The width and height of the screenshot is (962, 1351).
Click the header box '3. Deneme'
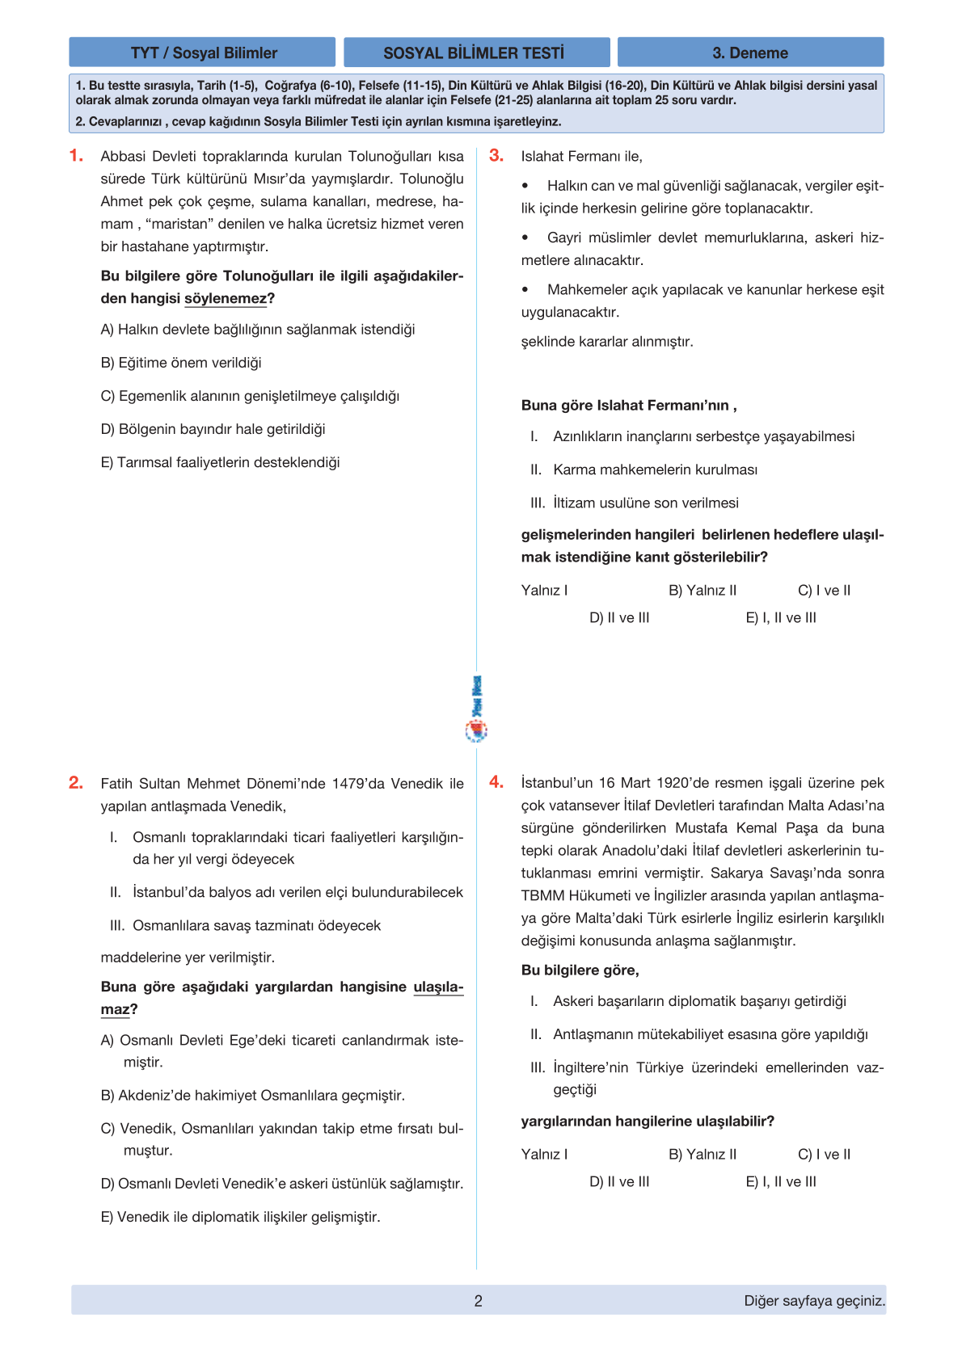click(x=750, y=53)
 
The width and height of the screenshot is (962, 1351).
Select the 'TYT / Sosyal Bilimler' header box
click(x=203, y=53)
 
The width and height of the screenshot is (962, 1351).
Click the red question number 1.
click(x=76, y=156)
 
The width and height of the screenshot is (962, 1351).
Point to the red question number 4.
click(x=496, y=782)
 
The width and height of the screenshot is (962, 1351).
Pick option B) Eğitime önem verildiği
click(x=181, y=363)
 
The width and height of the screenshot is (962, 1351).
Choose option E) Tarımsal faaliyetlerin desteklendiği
click(x=220, y=462)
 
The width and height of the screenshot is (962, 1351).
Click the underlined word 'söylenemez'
click(x=226, y=298)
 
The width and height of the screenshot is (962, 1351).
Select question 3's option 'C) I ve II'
click(x=824, y=591)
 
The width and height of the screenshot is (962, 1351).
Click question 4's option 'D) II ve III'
click(x=619, y=1181)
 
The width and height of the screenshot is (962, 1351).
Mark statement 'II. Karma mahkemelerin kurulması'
click(x=644, y=469)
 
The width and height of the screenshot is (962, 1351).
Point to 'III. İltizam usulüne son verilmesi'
click(x=635, y=503)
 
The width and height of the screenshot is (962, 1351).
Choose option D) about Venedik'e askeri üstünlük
click(x=282, y=1184)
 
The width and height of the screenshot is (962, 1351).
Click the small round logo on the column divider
click(x=476, y=731)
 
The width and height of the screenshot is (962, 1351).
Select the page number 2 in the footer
click(x=478, y=1301)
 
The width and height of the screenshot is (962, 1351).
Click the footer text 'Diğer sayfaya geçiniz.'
click(x=814, y=1301)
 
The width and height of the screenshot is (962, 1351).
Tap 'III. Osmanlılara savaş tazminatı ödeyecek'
click(x=246, y=925)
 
